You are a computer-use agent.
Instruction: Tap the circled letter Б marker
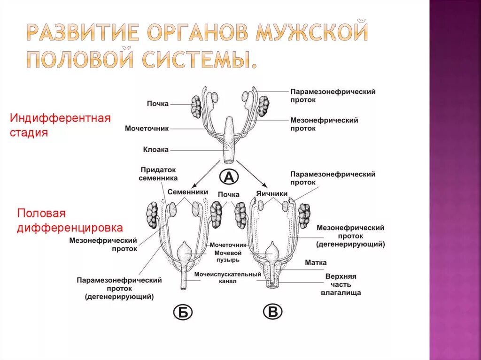[x=183, y=312]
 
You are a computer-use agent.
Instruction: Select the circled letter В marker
[x=272, y=312]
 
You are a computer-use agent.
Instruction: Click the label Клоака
[x=156, y=150]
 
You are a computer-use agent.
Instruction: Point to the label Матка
[x=315, y=263]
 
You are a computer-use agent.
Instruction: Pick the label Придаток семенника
[x=158, y=174]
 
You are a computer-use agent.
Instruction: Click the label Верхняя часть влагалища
[x=341, y=284]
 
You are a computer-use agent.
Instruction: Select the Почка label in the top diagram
[x=157, y=104]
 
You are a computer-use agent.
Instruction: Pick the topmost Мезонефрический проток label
[x=324, y=124]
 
